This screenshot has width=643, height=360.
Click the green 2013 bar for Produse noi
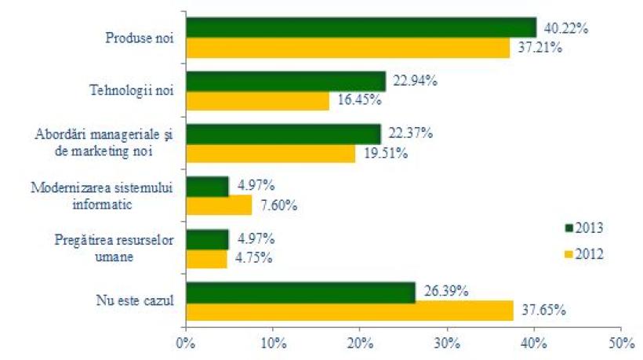pos(361,27)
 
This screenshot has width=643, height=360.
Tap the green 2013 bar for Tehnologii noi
pos(286,81)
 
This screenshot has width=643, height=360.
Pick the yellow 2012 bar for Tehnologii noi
pos(258,100)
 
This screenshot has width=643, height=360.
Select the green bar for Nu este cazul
pos(300,292)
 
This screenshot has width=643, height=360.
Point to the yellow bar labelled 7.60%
pos(219,205)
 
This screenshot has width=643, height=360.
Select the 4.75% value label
pos(253,259)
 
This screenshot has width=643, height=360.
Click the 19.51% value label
pos(385,153)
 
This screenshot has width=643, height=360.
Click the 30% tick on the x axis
pos(447,343)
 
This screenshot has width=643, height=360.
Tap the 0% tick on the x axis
pos(186,343)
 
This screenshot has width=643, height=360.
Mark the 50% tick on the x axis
pos(620,343)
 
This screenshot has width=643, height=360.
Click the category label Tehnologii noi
pos(133,91)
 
